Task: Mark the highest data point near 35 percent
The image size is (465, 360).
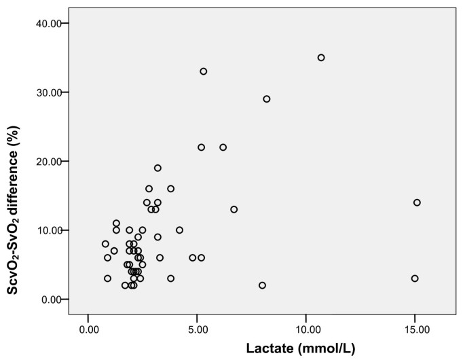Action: [321, 58]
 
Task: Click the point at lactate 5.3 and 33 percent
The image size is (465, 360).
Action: [204, 71]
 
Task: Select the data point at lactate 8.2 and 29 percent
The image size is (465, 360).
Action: [267, 99]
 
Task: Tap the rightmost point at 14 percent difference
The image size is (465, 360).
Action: [417, 202]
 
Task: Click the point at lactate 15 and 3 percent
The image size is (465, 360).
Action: [415, 278]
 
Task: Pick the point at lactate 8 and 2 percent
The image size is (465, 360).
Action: [262, 285]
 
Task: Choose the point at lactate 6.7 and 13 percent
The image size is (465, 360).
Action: [234, 209]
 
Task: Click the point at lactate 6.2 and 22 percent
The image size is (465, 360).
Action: [223, 147]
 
